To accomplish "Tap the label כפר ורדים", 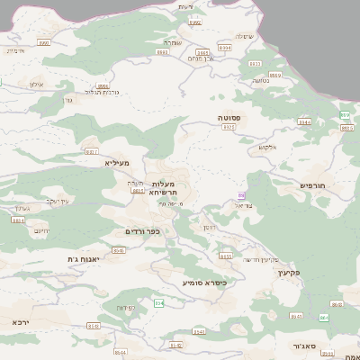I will [142, 231].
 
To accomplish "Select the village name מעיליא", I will [116, 162].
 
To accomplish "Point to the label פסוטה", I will [227, 118].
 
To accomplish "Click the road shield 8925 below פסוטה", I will [229, 128].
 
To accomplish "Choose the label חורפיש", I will [309, 184].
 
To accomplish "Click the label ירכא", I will [21, 320].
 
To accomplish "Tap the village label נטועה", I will [261, 79].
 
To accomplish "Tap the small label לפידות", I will [125, 307].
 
